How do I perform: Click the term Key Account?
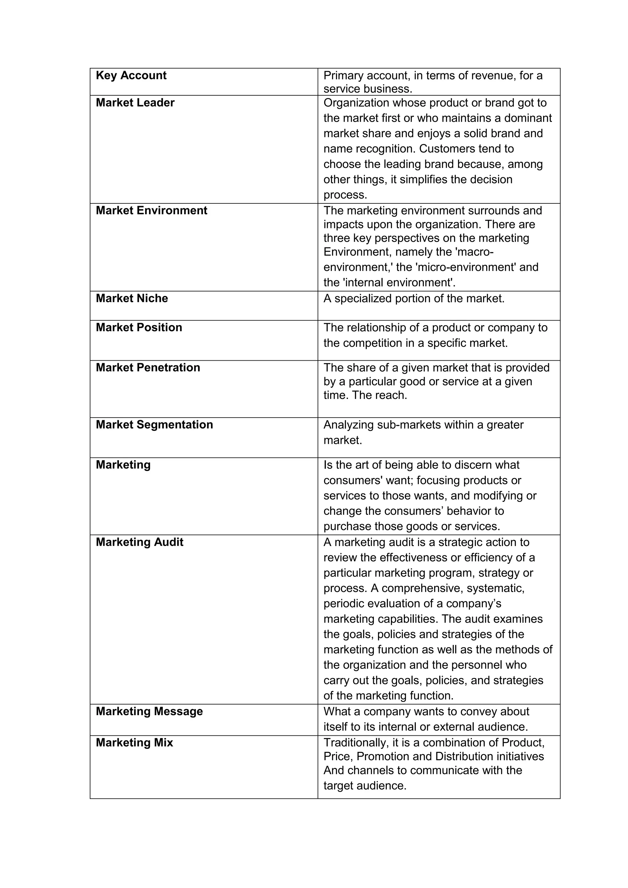[x=131, y=75]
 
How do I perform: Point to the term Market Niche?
[x=132, y=298]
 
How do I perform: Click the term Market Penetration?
[x=148, y=367]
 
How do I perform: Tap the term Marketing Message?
[x=149, y=711]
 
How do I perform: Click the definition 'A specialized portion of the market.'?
[x=414, y=298]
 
